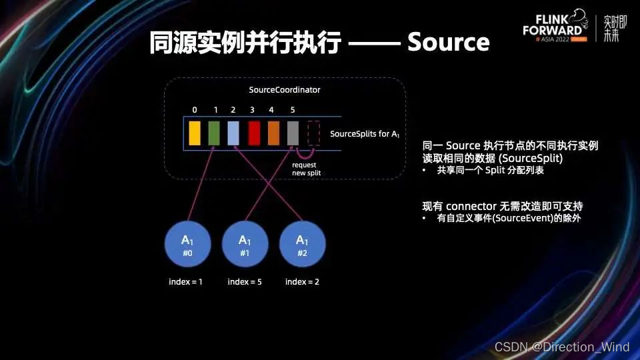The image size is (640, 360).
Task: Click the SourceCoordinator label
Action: (284, 89)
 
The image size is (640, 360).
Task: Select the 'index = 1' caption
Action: (185, 282)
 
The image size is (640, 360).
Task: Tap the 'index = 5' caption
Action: (244, 282)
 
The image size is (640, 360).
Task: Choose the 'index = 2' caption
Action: (302, 282)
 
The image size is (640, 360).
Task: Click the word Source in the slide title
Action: (448, 43)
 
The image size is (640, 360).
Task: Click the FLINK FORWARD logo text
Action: (554, 25)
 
